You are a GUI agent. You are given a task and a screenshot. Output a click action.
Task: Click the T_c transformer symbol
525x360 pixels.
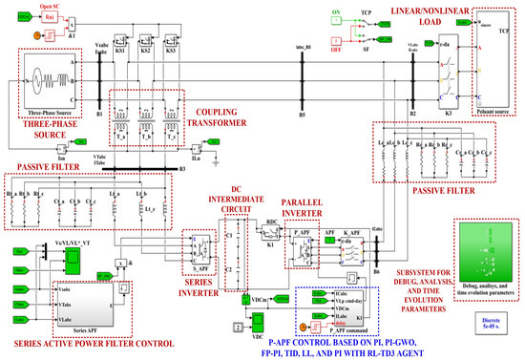pos(175,116)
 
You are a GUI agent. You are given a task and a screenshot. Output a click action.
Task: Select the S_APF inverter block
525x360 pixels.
pos(202,242)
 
